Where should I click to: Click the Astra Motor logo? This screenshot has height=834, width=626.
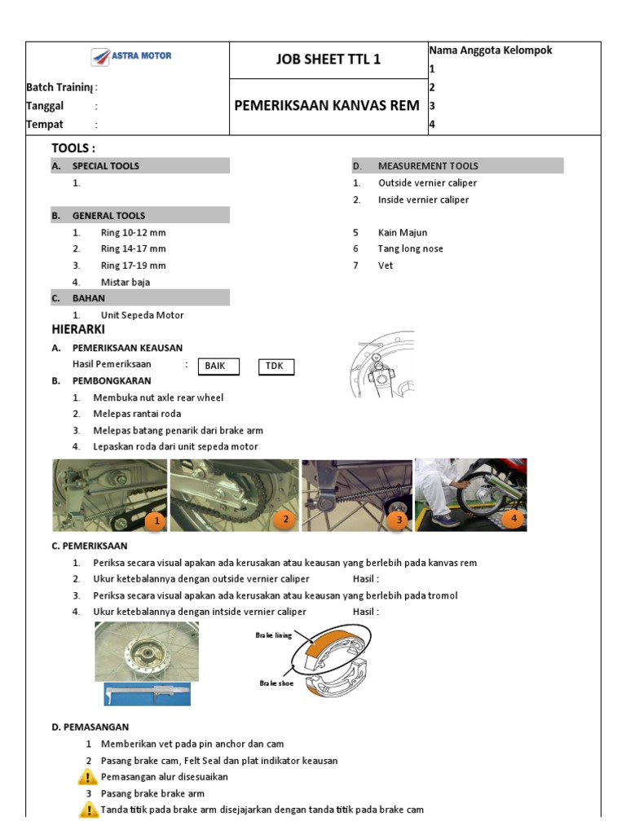pyautogui.click(x=130, y=57)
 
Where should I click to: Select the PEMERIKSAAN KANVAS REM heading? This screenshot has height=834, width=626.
pyautogui.click(x=327, y=105)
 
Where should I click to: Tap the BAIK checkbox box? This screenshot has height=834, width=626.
pyautogui.click(x=216, y=366)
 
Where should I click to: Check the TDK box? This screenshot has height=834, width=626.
pyautogui.click(x=275, y=366)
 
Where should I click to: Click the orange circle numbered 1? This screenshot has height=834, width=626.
pyautogui.click(x=155, y=520)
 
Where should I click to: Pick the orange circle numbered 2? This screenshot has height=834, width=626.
pyautogui.click(x=284, y=519)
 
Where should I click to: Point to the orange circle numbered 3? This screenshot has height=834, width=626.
pyautogui.click(x=398, y=519)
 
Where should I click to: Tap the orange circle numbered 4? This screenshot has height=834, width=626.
pyautogui.click(x=514, y=517)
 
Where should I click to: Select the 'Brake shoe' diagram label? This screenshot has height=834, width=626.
pyautogui.click(x=276, y=683)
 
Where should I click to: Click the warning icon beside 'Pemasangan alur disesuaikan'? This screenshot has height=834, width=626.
pyautogui.click(x=89, y=777)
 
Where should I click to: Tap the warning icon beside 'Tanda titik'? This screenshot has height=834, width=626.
pyautogui.click(x=89, y=810)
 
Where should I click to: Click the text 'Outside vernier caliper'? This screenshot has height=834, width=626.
pyautogui.click(x=427, y=183)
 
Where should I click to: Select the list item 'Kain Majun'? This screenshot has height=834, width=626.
pyautogui.click(x=403, y=233)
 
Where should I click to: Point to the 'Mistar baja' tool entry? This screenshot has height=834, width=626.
pyautogui.click(x=125, y=283)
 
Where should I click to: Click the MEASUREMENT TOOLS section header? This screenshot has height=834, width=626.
pyautogui.click(x=428, y=166)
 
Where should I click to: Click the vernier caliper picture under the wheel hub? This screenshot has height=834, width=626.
pyautogui.click(x=147, y=694)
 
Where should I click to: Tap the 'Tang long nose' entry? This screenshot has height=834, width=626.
pyautogui.click(x=411, y=249)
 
